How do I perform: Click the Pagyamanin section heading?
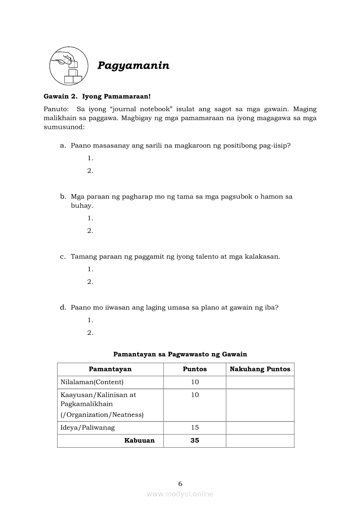(x=133, y=66)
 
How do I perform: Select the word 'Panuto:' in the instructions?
(x=56, y=109)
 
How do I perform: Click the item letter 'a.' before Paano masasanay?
(x=63, y=145)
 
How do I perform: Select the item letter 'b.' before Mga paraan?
(x=63, y=196)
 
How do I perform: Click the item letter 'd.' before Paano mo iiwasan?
(x=63, y=307)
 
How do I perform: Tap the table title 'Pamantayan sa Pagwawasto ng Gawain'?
(x=180, y=354)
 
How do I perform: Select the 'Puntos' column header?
(x=195, y=369)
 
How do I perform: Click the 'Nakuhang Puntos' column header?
(x=260, y=369)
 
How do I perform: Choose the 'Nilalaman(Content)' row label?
(x=92, y=382)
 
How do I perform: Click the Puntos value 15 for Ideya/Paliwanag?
(x=195, y=428)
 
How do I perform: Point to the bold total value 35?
(x=195, y=441)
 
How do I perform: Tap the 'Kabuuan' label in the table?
(x=139, y=441)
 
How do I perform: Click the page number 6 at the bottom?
(x=180, y=483)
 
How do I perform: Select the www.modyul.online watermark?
(x=180, y=494)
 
